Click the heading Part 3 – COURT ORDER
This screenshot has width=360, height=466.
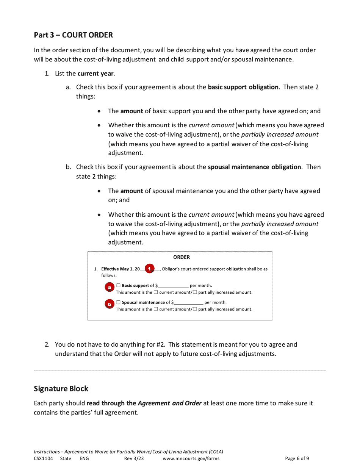(x=73, y=35)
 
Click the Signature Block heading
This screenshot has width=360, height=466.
(x=61, y=388)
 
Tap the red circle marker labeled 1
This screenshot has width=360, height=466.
(x=150, y=269)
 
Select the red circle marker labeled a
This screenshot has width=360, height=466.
(x=109, y=288)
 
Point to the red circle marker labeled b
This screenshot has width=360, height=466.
(x=109, y=304)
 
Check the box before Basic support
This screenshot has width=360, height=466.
(x=118, y=286)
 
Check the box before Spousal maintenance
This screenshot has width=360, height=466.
(x=118, y=302)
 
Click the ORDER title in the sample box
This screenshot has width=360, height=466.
(x=182, y=257)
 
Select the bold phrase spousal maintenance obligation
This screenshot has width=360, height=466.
(x=254, y=167)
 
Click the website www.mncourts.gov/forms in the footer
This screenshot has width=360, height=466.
(x=191, y=458)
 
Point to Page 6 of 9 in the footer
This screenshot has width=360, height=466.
(x=297, y=458)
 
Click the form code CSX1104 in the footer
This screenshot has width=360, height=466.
(x=43, y=458)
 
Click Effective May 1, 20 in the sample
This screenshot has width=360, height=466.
(x=120, y=269)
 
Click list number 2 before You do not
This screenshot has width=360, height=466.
(x=47, y=345)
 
